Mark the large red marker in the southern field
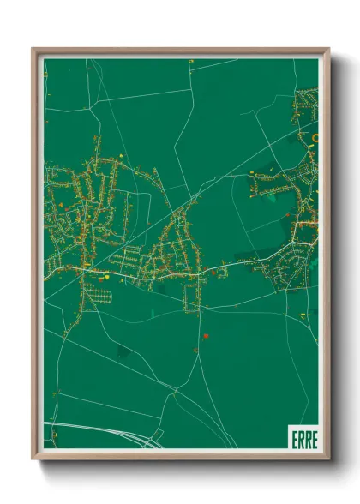coord(207,335)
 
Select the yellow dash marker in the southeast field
coord(302,315)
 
